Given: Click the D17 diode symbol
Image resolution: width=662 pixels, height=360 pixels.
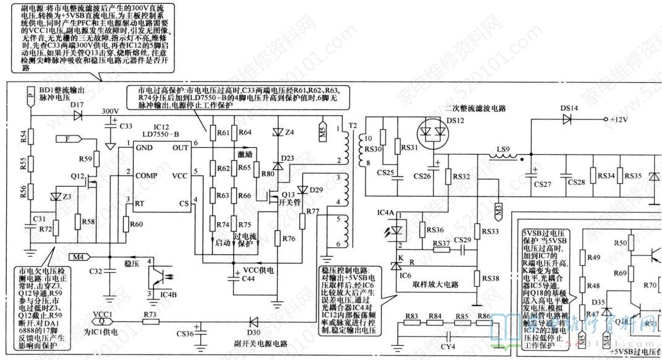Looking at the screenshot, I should coord(77,116).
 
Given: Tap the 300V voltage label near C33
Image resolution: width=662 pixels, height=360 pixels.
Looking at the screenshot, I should coord(110,111).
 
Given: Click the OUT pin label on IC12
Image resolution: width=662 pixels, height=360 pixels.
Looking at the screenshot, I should coord(181,148).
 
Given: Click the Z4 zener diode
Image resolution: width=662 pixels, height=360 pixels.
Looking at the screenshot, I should coord(276,132).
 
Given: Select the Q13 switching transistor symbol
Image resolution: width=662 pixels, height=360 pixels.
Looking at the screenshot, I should coord(273,196).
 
